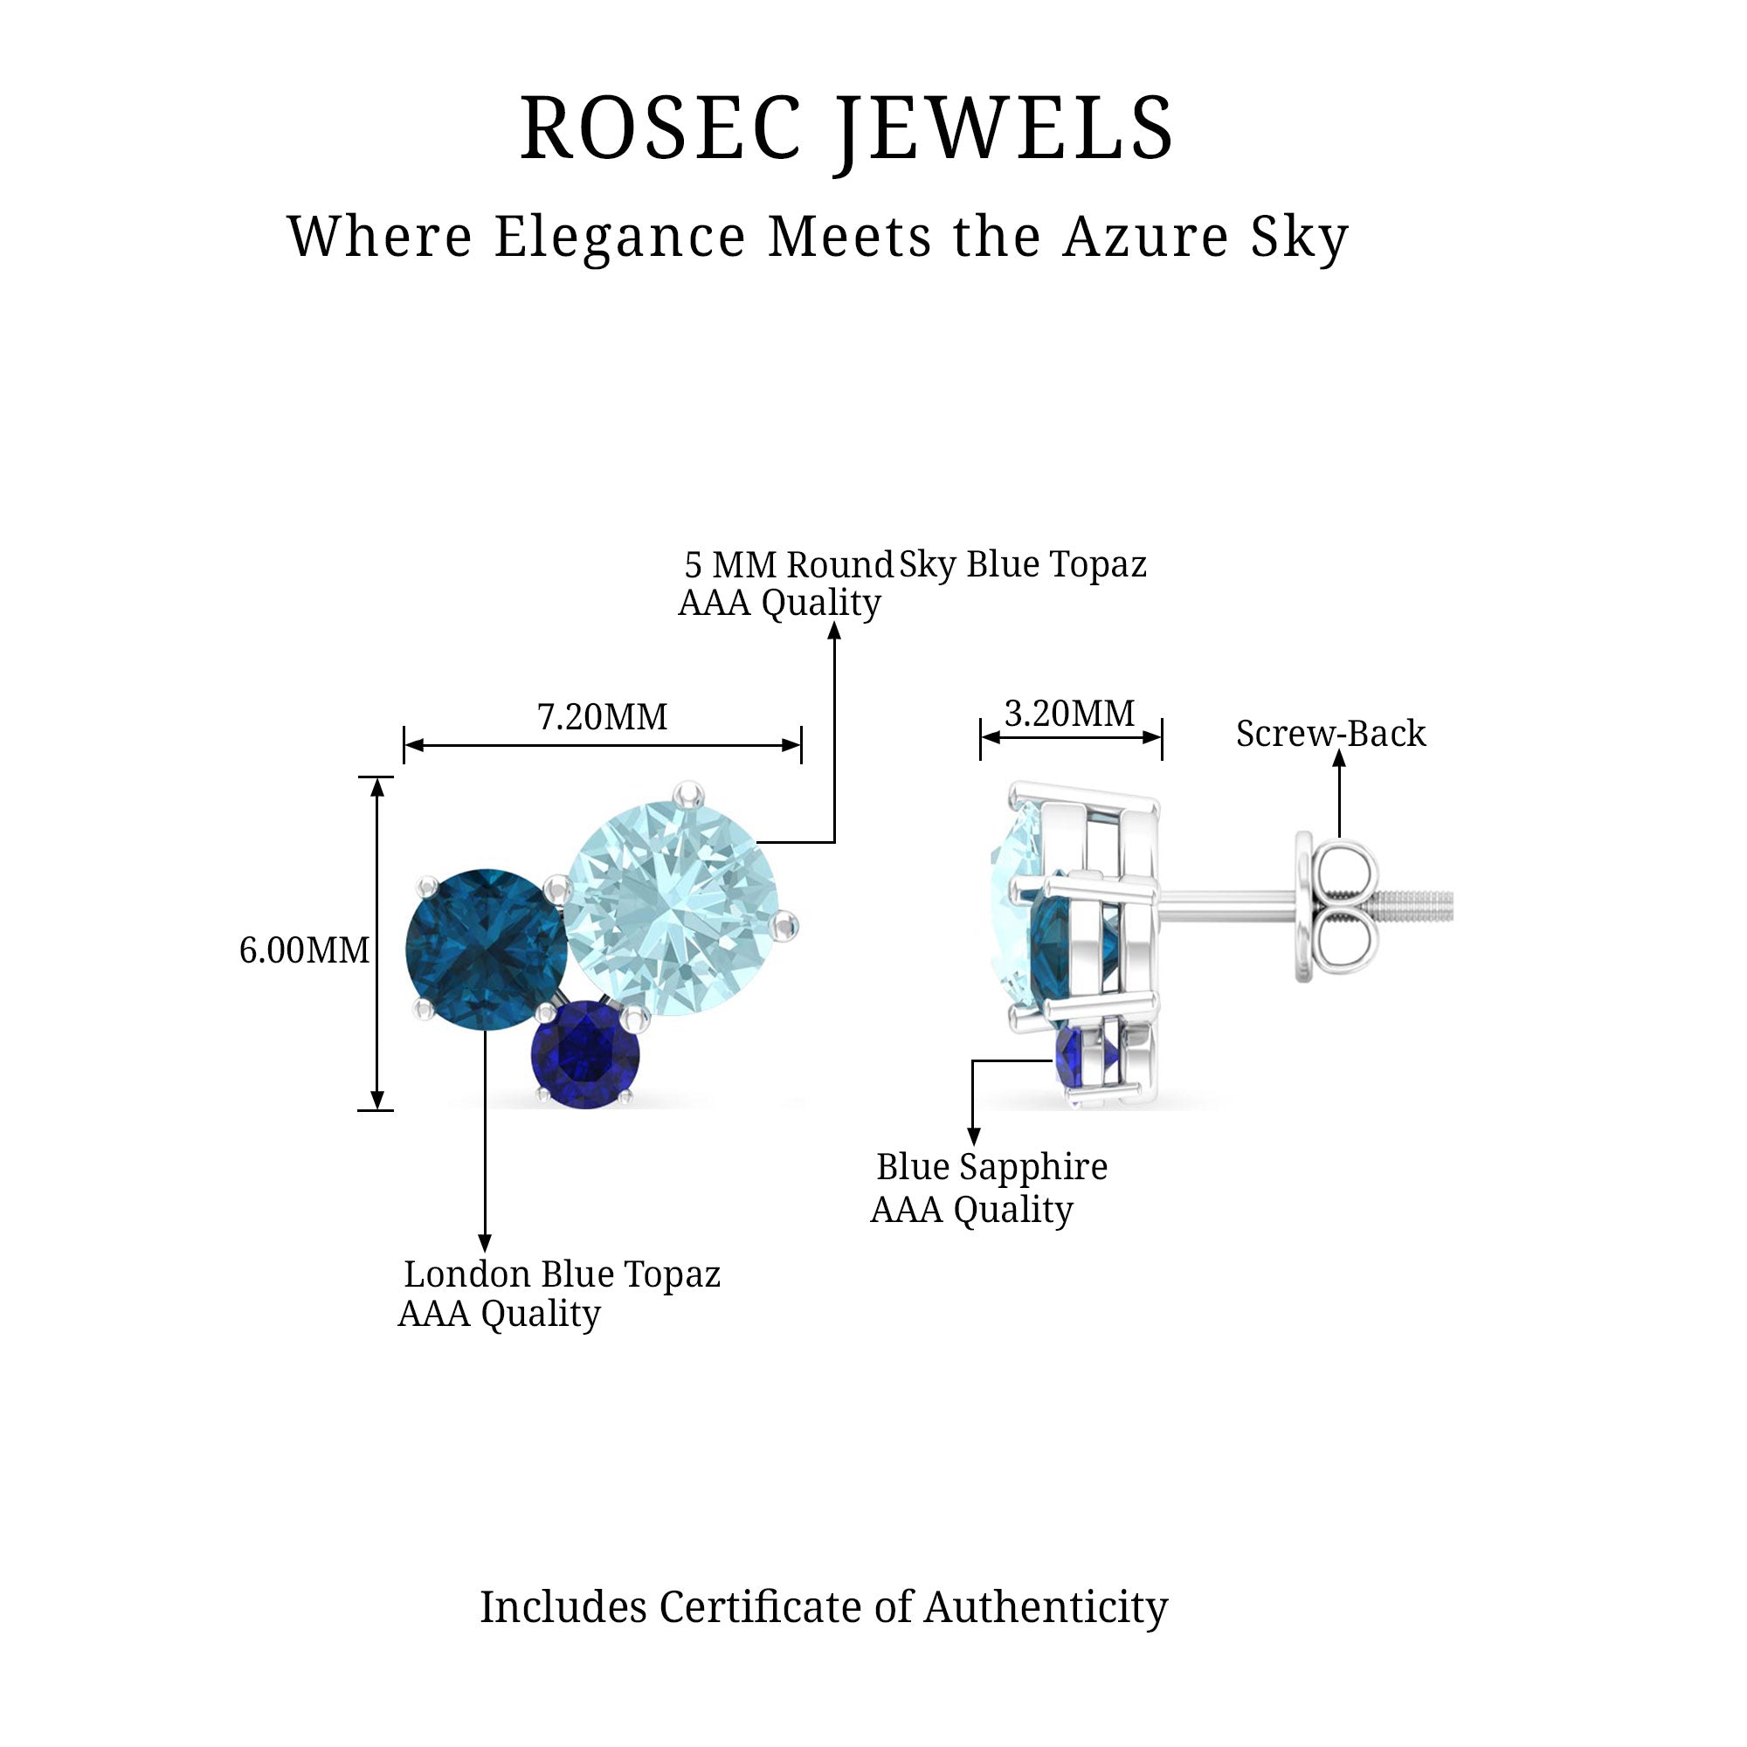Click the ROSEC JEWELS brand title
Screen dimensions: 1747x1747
[x=847, y=128]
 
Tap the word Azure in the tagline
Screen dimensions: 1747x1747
[x=1146, y=237]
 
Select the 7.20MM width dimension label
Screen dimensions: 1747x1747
[x=602, y=717]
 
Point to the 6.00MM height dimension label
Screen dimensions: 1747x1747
[x=304, y=950]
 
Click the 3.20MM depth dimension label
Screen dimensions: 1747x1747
[x=1070, y=715]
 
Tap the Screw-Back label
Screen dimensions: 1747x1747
[x=1330, y=734]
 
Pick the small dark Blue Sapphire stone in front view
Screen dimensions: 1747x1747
[x=585, y=1053]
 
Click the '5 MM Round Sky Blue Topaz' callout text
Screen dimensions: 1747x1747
[x=915, y=565]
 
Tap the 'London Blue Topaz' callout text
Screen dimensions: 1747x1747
[x=562, y=1274]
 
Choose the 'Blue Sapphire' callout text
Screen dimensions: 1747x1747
[x=991, y=1166]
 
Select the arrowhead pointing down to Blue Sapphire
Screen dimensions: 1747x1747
[x=974, y=1137]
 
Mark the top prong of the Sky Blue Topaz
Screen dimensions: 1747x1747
[x=693, y=793]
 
